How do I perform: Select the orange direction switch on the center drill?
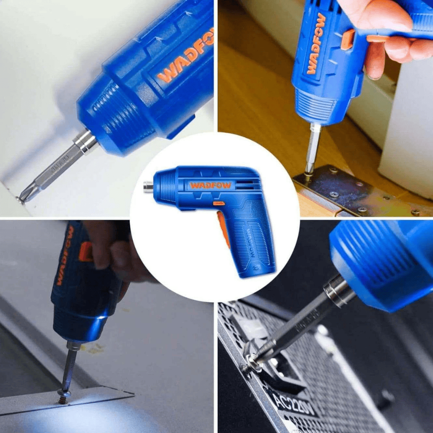[x=219, y=203]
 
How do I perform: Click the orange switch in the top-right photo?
[x=348, y=39]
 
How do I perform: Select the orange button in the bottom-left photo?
[x=85, y=251]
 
